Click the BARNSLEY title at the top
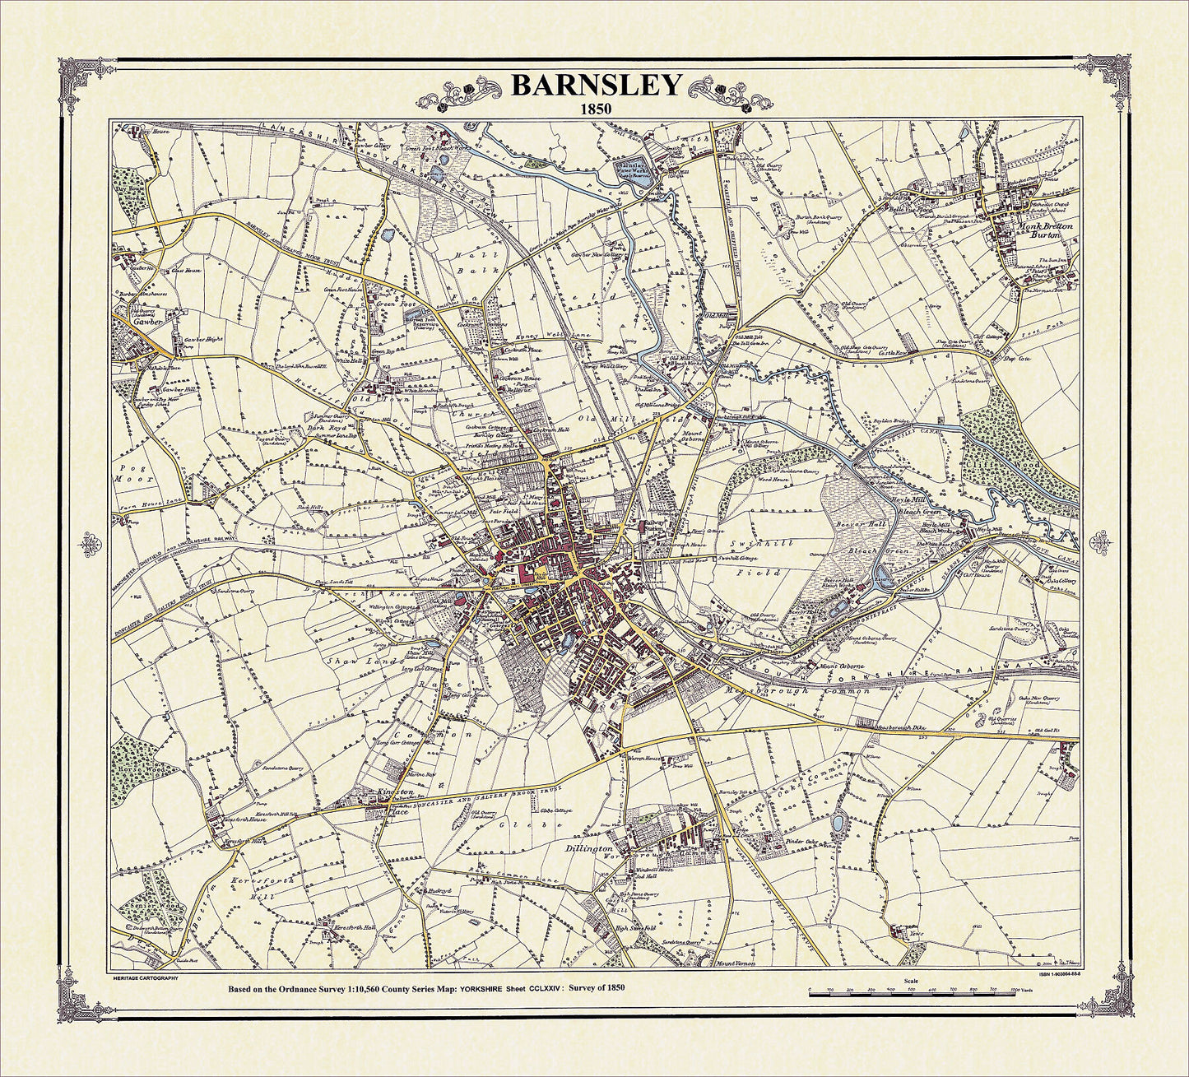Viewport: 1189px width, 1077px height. pos(596,85)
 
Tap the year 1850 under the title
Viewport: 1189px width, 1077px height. pos(596,107)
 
